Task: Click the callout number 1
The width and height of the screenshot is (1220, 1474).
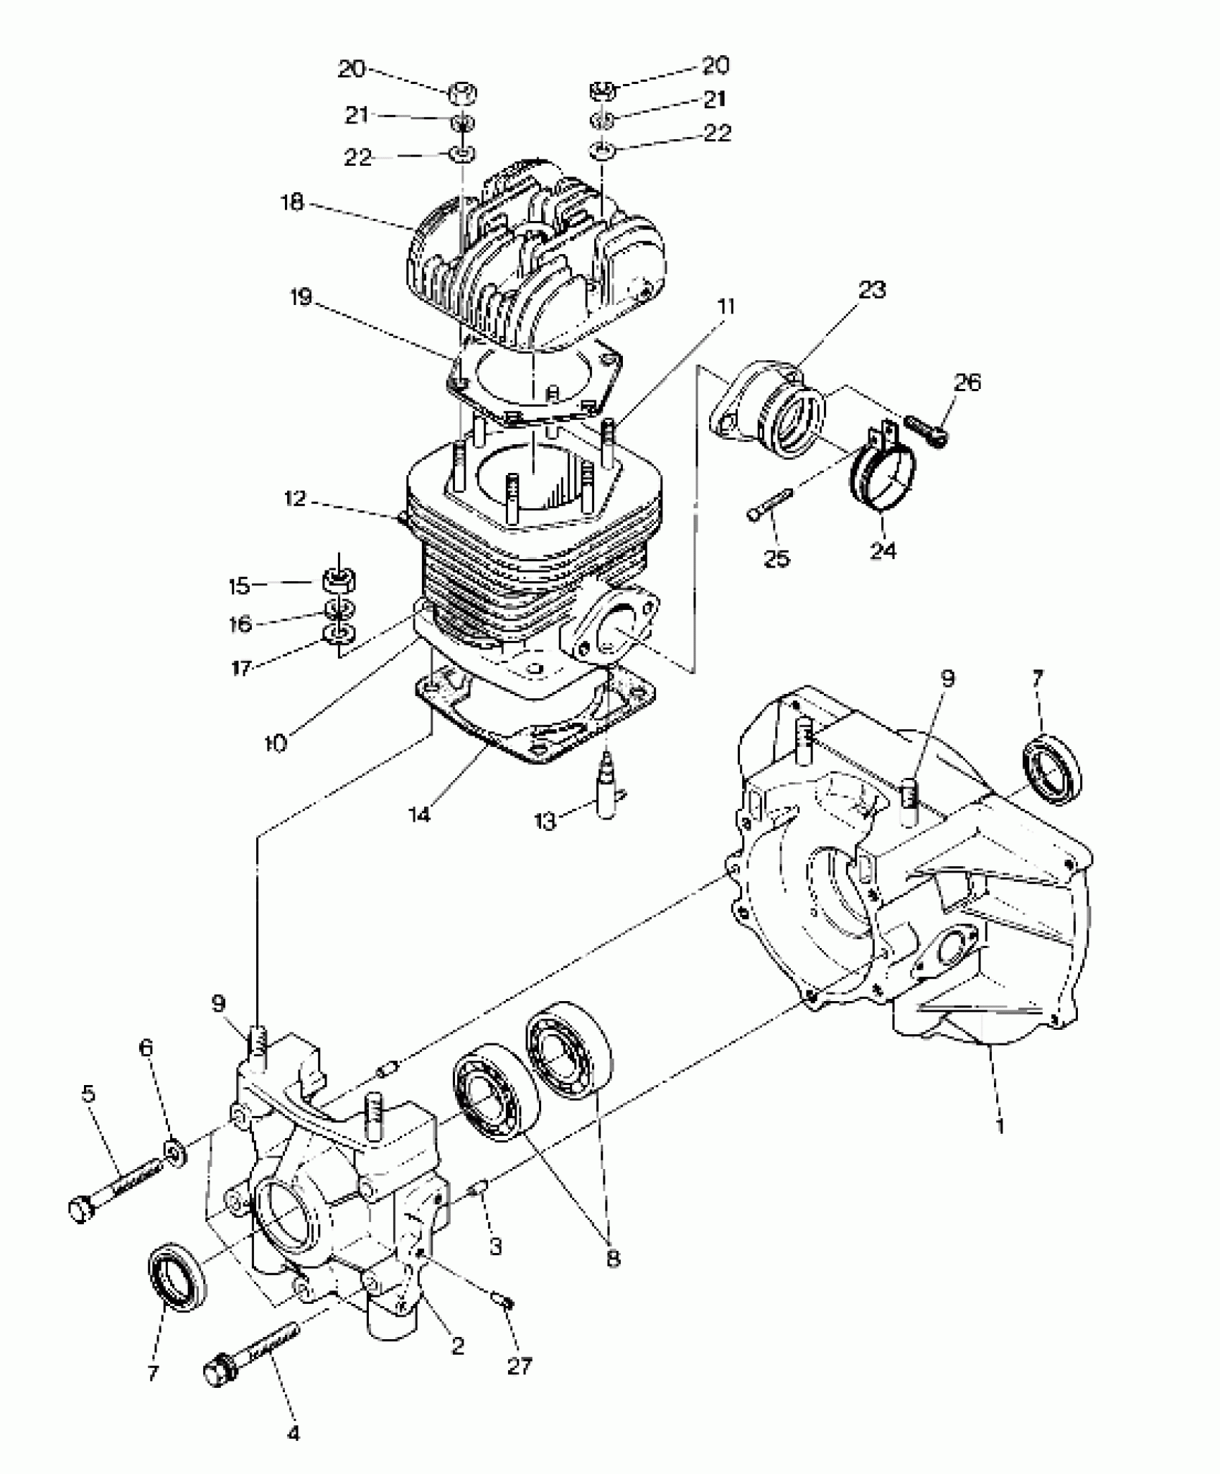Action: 1000,1125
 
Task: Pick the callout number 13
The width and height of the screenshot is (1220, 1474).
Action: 545,821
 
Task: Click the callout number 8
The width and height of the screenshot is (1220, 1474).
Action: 612,1257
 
